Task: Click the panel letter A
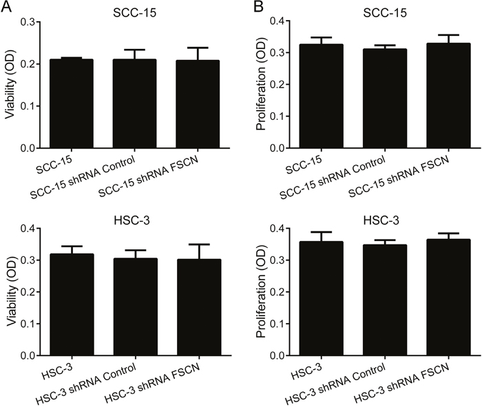coord(6,6)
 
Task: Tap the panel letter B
coord(258,6)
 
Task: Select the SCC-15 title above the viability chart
coord(134,12)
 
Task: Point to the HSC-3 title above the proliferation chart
coord(381,220)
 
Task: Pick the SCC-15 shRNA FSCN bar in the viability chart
coord(198,104)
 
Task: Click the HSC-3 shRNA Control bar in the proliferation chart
coord(385,300)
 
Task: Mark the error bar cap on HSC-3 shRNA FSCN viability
coord(199,244)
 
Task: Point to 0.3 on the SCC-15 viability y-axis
coord(28,22)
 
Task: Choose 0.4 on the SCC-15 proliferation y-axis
coord(277,21)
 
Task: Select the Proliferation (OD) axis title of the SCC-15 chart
coord(261,84)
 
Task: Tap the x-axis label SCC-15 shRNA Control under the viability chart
coord(83,178)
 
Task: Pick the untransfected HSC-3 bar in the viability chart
coord(72,304)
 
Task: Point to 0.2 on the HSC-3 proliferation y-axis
coord(277,292)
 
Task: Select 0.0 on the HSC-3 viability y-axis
coord(28,355)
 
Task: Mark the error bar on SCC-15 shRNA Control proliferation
coord(385,47)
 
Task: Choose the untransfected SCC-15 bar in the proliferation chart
coord(322,96)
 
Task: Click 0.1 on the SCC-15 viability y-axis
coord(28,106)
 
